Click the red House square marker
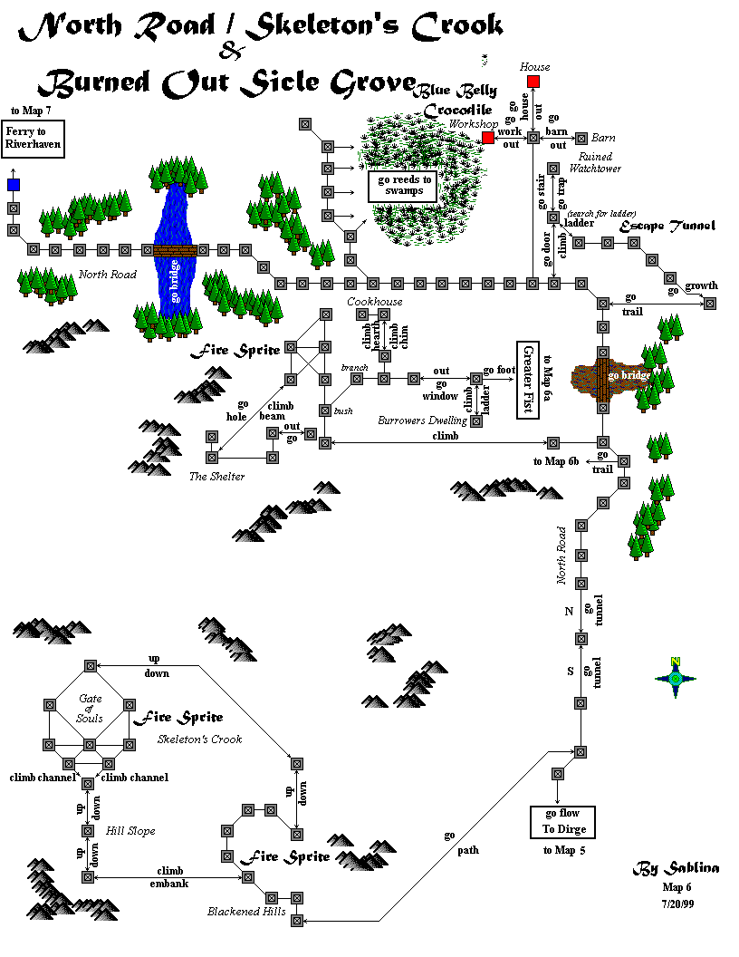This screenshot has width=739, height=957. click(x=533, y=82)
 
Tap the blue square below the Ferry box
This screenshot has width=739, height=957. click(x=14, y=185)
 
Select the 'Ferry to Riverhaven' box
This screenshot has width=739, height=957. click(x=32, y=138)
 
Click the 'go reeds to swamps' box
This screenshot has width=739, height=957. click(x=401, y=186)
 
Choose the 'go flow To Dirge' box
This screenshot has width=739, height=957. click(x=562, y=822)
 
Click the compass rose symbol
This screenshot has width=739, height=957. click(x=675, y=678)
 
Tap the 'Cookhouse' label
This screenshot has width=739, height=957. click(x=374, y=301)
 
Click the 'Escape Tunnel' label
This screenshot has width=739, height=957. click(x=667, y=226)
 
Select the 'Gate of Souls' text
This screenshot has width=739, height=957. click(x=91, y=708)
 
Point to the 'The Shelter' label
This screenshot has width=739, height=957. click(x=216, y=477)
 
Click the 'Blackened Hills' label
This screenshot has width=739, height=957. click(x=246, y=912)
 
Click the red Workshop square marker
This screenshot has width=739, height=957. click(x=488, y=138)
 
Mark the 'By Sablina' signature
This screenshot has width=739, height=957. click(x=676, y=868)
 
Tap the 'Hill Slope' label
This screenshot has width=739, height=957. click(x=130, y=830)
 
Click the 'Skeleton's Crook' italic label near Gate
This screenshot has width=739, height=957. click(x=200, y=739)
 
